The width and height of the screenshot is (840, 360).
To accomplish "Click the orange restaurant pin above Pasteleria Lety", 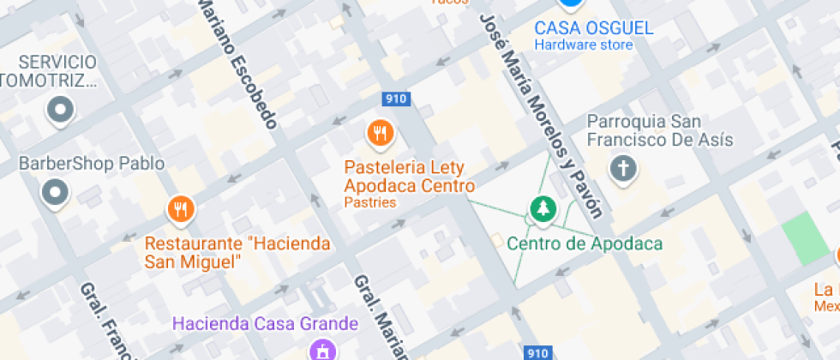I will [380, 133].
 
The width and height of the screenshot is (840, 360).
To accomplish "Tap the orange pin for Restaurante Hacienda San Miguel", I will [180, 208].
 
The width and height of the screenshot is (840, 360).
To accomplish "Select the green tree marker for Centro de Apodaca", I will [541, 207].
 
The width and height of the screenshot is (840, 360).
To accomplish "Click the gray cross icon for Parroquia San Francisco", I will [623, 168].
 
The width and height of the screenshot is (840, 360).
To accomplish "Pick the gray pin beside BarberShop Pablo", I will [56, 193].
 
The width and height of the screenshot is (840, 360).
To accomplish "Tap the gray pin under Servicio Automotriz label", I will [61, 109].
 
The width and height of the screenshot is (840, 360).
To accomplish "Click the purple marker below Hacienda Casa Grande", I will [322, 350].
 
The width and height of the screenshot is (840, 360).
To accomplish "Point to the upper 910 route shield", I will [396, 99].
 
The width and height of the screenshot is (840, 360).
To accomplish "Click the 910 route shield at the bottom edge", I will [537, 352].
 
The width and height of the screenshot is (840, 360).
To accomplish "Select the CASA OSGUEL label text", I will [594, 27].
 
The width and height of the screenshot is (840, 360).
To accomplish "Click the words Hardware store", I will [584, 45].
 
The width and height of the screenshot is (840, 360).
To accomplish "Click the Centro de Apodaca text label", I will [585, 243].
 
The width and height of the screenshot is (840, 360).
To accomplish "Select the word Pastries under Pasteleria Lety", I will [370, 203].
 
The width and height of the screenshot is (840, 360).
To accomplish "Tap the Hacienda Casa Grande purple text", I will [265, 324].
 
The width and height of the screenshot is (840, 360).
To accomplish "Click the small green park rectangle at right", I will [806, 238].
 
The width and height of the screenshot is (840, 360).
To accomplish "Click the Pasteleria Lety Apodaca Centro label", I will [409, 177].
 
